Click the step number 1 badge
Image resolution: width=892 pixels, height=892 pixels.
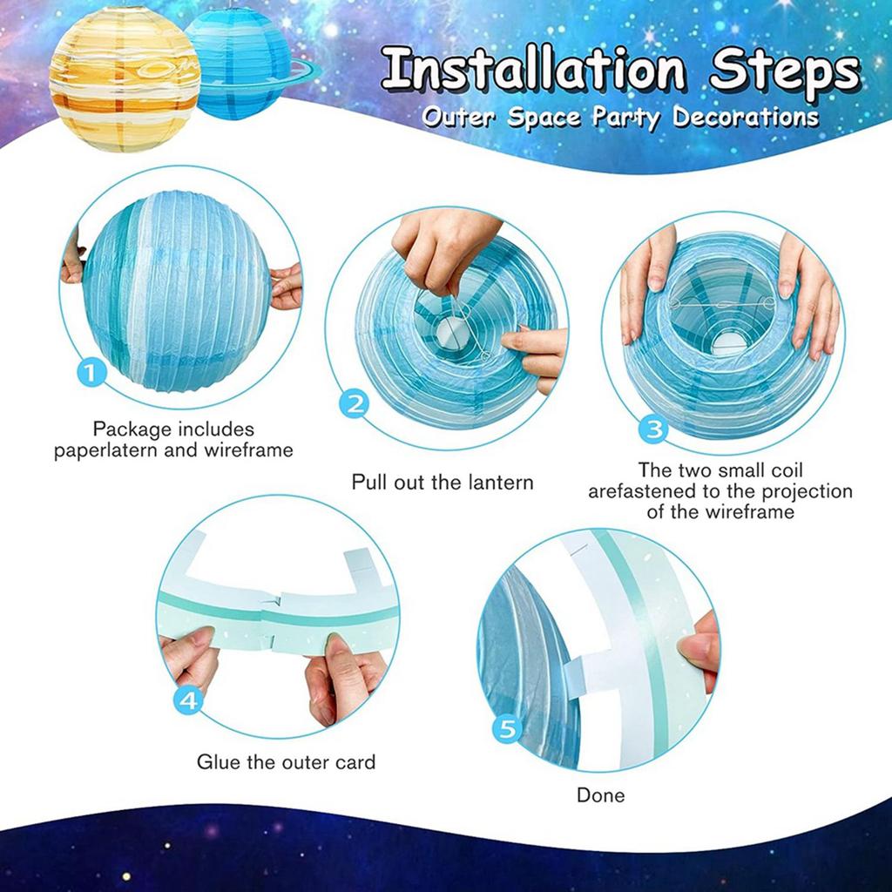(x=93, y=375)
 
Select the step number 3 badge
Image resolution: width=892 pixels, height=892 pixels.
(x=653, y=428)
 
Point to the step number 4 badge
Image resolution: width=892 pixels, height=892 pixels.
(x=191, y=701)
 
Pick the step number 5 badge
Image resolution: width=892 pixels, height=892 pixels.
(x=508, y=728)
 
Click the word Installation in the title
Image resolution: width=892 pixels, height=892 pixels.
(x=541, y=71)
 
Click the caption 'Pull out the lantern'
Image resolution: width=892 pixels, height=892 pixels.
(x=442, y=482)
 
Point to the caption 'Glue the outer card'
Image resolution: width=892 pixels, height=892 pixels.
(x=286, y=762)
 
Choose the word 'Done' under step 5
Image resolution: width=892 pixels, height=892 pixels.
(x=600, y=795)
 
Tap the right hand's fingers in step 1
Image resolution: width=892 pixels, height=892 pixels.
(x=286, y=287)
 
